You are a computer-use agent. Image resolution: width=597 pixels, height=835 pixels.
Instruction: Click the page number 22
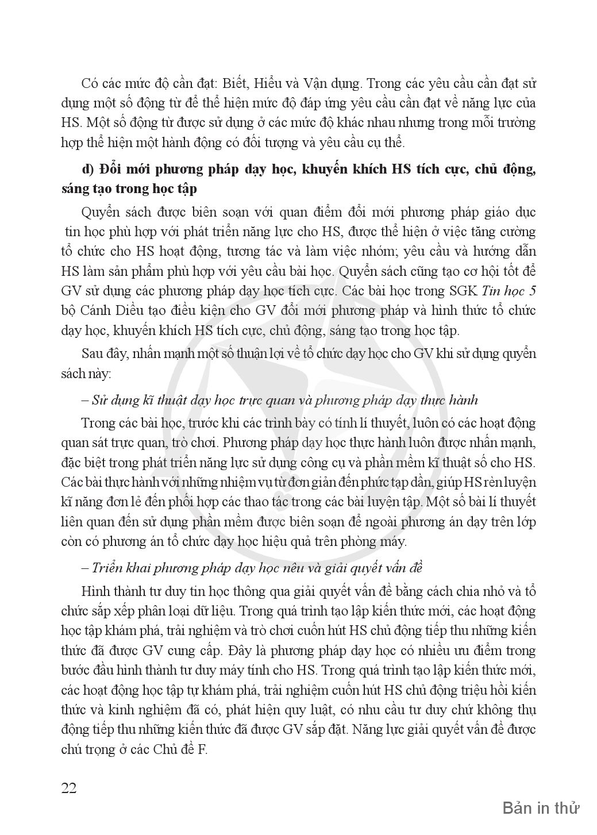[x=69, y=787]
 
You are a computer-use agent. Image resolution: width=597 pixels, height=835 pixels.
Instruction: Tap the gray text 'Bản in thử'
[x=541, y=807]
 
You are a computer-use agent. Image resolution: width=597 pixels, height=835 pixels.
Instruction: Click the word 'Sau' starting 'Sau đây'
[x=93, y=353]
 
